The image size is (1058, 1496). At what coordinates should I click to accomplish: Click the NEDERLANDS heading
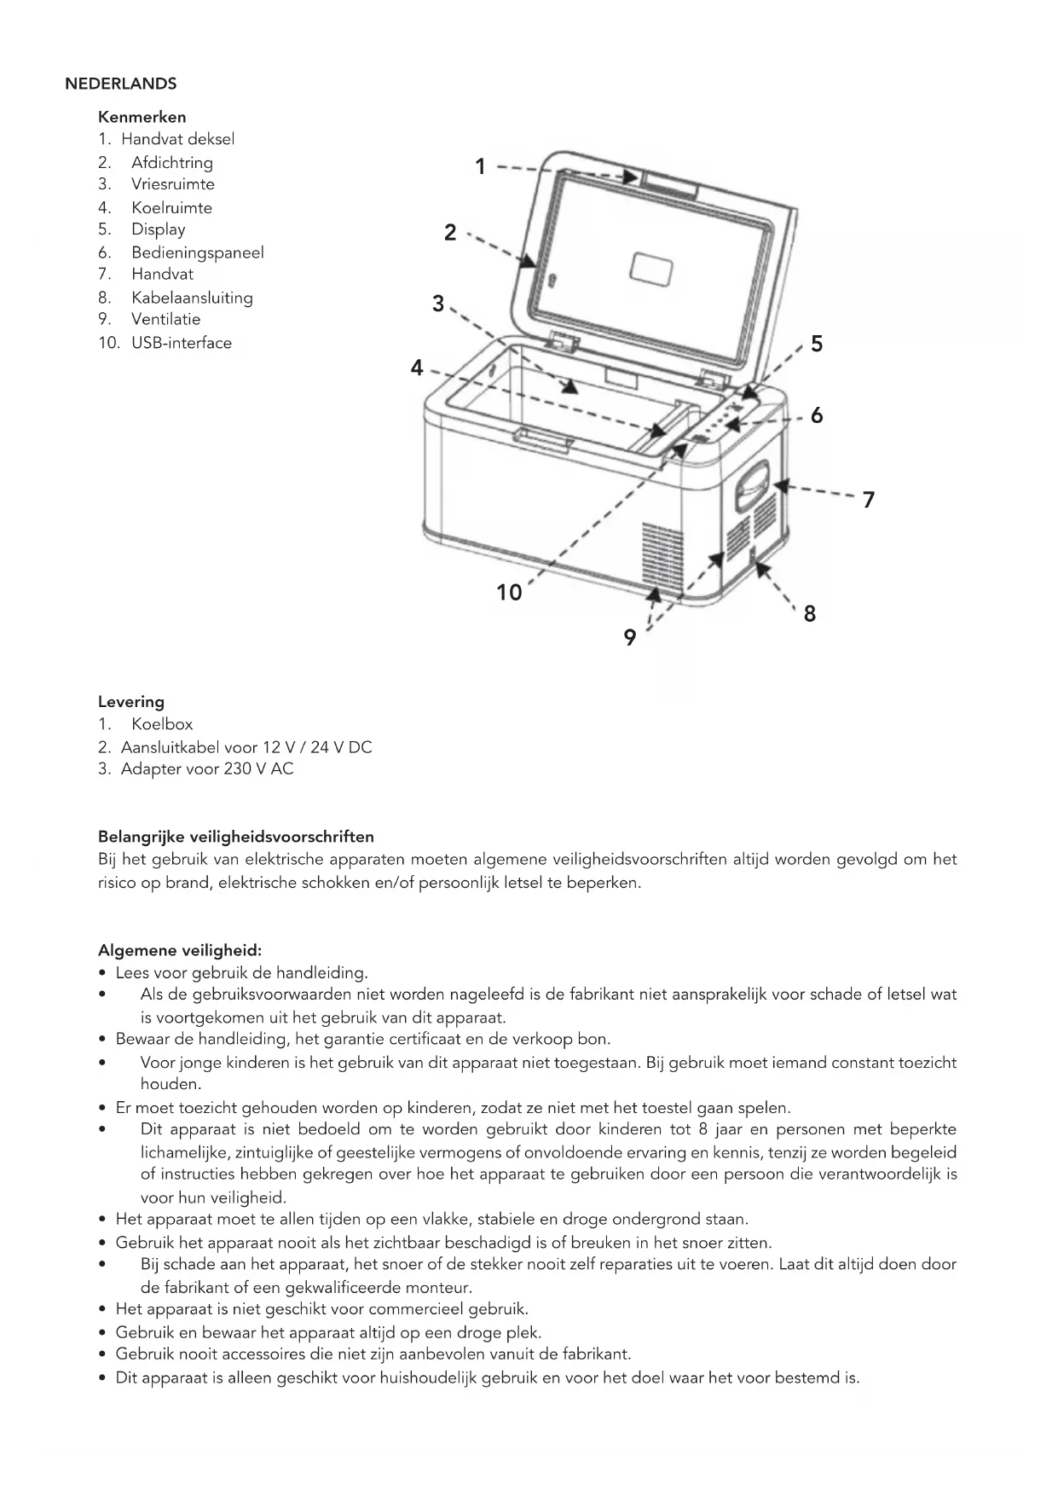click(x=120, y=84)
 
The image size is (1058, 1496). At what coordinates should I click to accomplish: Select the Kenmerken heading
click(x=142, y=117)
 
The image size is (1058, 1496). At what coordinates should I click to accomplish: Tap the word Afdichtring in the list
click(x=171, y=162)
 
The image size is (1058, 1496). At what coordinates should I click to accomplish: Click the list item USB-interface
click(x=181, y=343)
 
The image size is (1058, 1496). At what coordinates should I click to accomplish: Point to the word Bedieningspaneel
click(x=197, y=252)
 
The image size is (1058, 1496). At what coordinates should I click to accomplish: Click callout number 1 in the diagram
click(x=480, y=166)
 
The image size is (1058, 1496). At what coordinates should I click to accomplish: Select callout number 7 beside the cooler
click(x=868, y=499)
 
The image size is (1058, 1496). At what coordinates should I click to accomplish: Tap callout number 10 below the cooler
click(x=509, y=592)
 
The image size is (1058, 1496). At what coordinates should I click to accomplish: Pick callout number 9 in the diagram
click(x=629, y=637)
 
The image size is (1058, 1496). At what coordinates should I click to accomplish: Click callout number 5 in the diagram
click(x=817, y=344)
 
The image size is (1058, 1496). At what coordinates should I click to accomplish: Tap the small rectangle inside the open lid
click(x=650, y=270)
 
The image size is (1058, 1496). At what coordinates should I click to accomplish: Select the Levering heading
click(x=131, y=702)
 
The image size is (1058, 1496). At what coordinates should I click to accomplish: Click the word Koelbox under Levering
click(x=162, y=724)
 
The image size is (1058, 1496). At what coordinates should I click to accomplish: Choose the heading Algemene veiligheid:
click(x=180, y=950)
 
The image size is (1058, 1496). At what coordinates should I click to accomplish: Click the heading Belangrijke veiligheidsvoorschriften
click(x=236, y=837)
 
